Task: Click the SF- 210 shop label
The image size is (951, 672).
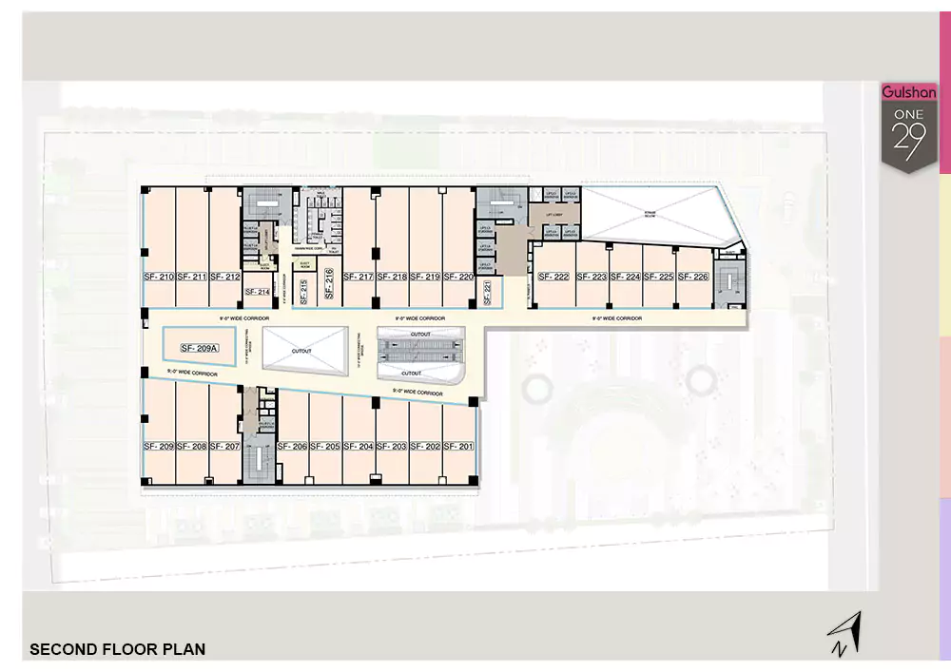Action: click(x=159, y=278)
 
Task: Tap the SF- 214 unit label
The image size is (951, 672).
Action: click(x=258, y=292)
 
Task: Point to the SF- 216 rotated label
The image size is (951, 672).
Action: click(x=327, y=284)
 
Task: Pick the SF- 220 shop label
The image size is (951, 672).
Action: click(x=458, y=278)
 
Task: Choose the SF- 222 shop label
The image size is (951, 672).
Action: click(x=553, y=278)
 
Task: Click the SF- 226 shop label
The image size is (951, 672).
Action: click(x=693, y=278)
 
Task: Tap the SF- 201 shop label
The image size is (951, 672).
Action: click(x=458, y=447)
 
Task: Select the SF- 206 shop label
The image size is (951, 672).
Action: click(x=293, y=447)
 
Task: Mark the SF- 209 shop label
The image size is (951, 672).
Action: click(x=159, y=447)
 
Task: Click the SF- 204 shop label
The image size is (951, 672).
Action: click(x=359, y=447)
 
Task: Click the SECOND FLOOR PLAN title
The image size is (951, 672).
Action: click(x=118, y=650)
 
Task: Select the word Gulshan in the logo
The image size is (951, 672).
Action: click(x=909, y=93)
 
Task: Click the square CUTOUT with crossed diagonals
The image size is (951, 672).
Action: click(x=302, y=351)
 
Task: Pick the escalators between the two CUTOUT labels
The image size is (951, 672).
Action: click(x=420, y=353)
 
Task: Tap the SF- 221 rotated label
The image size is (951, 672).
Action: click(x=487, y=292)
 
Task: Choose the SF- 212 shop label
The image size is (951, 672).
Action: click(x=225, y=278)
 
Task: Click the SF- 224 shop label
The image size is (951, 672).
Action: click(x=626, y=278)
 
